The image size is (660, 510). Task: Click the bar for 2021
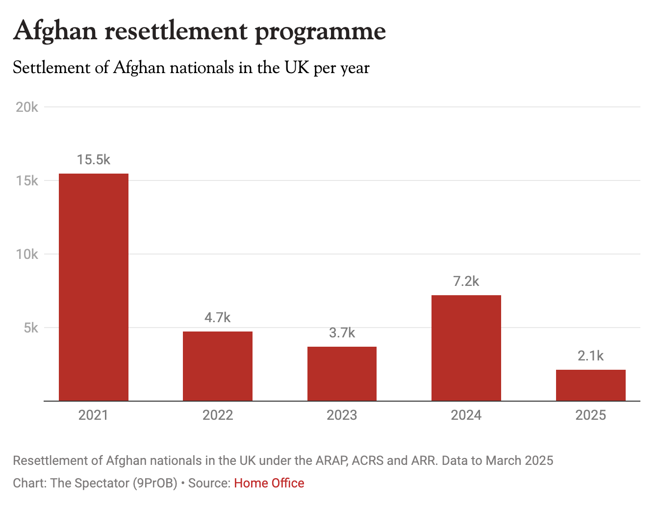point(94,287)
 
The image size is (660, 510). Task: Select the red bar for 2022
point(218,366)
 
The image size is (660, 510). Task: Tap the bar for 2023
point(342,374)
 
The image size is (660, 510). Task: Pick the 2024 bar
point(466,348)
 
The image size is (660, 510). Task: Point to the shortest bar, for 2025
point(590,385)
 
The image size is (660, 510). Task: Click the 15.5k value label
point(94,160)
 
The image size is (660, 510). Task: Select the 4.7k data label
point(218,318)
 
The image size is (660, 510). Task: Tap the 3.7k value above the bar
point(342,333)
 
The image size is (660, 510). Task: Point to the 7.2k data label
point(466,281)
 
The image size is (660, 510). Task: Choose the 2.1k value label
point(590,356)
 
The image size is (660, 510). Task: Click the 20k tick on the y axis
point(27,107)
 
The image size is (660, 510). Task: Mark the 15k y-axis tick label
point(27,180)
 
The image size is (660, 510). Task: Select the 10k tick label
point(27,254)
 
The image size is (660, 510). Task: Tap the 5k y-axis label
point(31,328)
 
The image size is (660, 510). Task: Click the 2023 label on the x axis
point(342,415)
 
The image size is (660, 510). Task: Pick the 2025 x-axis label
point(590,415)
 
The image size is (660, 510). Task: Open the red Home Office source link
point(269,483)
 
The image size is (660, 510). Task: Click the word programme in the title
point(320,31)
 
